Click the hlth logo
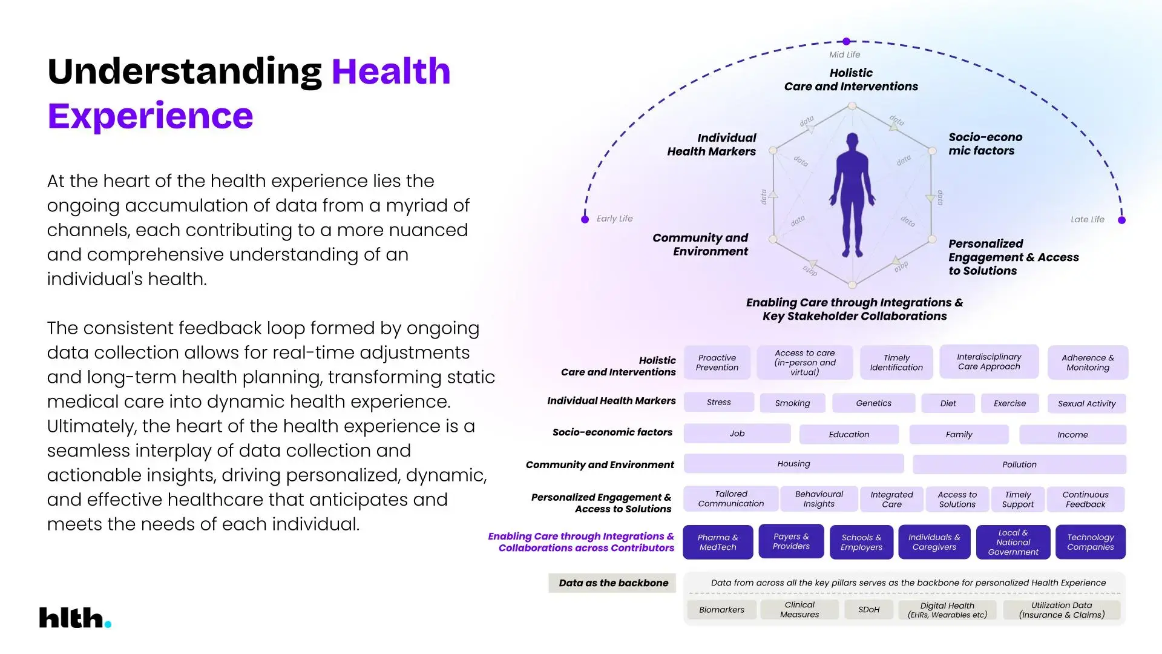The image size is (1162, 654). click(x=75, y=618)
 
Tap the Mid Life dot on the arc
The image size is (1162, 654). click(x=846, y=41)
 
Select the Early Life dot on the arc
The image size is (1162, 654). click(x=585, y=219)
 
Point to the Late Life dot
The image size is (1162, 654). click(x=1121, y=220)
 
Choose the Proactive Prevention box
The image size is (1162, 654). click(x=717, y=363)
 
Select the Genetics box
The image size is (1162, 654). click(x=873, y=403)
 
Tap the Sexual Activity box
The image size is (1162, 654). click(x=1086, y=404)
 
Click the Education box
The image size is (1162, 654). click(x=849, y=435)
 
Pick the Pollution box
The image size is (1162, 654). click(x=1019, y=464)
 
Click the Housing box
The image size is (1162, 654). click(x=793, y=464)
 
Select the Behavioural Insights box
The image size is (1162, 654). click(x=819, y=499)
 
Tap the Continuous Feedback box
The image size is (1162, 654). click(x=1085, y=500)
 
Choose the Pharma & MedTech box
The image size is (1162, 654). click(x=718, y=542)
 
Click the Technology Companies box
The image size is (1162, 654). click(x=1090, y=542)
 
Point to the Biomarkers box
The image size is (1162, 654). click(x=721, y=610)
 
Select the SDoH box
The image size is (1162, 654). click(x=868, y=610)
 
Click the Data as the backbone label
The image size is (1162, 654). click(x=612, y=583)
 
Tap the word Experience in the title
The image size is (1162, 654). click(x=150, y=116)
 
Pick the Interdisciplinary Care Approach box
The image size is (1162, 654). click(x=989, y=362)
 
